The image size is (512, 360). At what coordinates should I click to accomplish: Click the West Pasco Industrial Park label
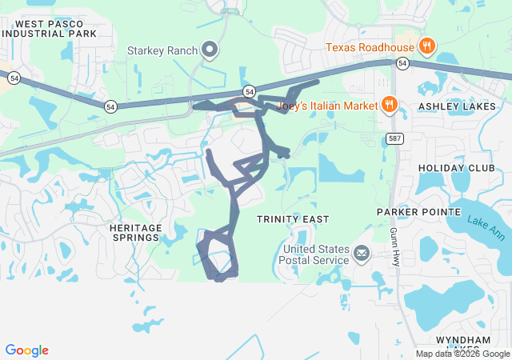[49, 28]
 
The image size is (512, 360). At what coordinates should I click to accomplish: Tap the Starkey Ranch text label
[162, 50]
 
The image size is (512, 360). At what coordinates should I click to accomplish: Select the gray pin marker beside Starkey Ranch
[210, 50]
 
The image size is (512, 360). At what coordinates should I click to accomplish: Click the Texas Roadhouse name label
[370, 47]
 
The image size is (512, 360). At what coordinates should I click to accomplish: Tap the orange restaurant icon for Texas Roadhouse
[426, 46]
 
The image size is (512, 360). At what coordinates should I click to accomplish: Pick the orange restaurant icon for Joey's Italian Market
[390, 104]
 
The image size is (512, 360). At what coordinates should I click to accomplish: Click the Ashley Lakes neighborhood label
[458, 105]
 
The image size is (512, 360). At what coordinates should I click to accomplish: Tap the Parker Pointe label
[419, 212]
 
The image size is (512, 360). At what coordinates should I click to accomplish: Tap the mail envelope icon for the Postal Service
[362, 254]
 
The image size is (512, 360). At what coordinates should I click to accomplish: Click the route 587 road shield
[394, 138]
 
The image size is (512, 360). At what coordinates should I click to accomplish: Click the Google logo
[26, 350]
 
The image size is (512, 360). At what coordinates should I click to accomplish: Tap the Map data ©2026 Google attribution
[462, 354]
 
